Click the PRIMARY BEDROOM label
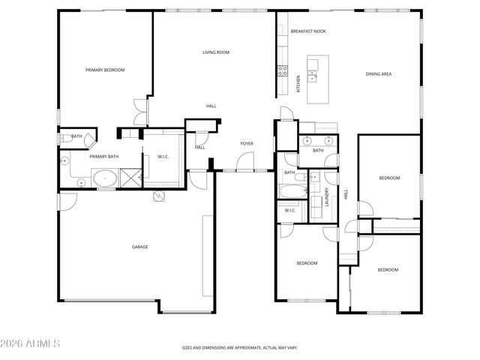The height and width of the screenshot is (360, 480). pos(105,70)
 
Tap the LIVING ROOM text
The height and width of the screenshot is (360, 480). pos(215,52)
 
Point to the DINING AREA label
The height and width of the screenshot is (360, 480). pos(379,73)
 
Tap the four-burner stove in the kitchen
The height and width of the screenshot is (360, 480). pos(283,71)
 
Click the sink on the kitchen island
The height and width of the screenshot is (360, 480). pos(312,76)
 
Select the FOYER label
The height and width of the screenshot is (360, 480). pos(246,143)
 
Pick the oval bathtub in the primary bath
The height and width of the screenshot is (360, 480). pos(105,178)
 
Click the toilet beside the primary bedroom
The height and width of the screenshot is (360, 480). pos(66,136)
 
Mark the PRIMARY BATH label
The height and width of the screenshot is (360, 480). pos(104,157)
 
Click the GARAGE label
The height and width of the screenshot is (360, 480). pos(140,247)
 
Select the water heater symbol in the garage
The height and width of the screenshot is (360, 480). pos(159,196)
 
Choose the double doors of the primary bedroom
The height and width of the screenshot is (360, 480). pos(139,112)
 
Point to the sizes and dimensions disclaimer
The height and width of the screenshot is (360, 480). pos(240,348)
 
